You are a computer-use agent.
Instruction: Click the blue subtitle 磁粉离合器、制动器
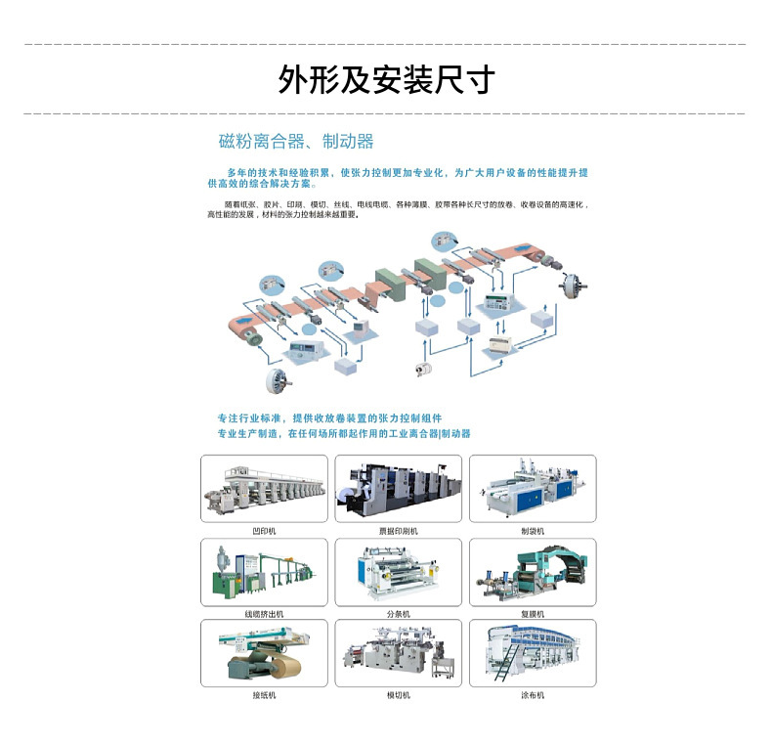coord(296,142)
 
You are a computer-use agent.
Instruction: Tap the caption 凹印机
coord(264,530)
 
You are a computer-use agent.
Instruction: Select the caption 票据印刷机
coord(398,530)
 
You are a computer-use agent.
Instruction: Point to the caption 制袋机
coord(533,530)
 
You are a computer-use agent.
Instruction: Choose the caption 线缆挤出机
coord(264,613)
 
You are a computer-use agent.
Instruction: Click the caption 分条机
coord(398,613)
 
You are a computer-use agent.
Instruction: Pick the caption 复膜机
coord(533,613)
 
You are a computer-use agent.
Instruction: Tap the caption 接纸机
coord(264,695)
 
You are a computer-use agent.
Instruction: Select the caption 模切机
coord(398,695)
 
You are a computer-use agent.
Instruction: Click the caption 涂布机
coord(533,695)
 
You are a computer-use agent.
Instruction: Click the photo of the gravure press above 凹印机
coord(264,489)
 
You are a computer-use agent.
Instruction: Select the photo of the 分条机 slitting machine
coord(398,572)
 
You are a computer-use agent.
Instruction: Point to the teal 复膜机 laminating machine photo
coord(533,572)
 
